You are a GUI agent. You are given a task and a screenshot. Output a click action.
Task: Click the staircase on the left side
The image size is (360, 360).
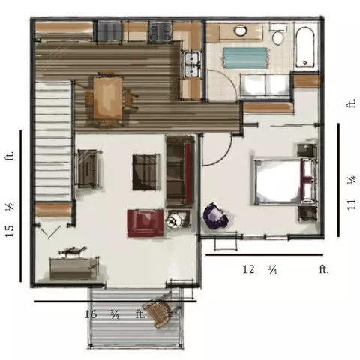pos(53,139)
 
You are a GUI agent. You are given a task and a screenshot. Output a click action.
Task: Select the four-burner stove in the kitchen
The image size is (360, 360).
pos(160,31)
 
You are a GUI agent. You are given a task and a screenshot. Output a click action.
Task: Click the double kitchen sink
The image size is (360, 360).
pos(191,64)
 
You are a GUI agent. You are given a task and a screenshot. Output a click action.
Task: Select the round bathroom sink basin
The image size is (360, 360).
pos(241,31)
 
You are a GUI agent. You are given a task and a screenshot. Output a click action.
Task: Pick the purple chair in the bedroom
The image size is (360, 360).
pos(217,216)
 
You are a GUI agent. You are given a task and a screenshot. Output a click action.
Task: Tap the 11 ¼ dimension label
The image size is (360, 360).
pos(351,194)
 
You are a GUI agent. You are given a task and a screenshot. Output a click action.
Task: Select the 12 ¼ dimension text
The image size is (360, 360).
pos(258,268)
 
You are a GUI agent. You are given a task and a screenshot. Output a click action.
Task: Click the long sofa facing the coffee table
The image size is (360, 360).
pos(181,170)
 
